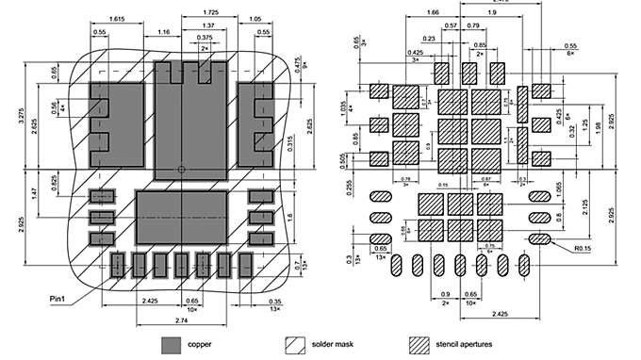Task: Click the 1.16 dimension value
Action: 164,32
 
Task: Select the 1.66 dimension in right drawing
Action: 433,12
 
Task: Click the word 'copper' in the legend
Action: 199,344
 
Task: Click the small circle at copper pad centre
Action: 182,171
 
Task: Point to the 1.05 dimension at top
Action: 255,19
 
